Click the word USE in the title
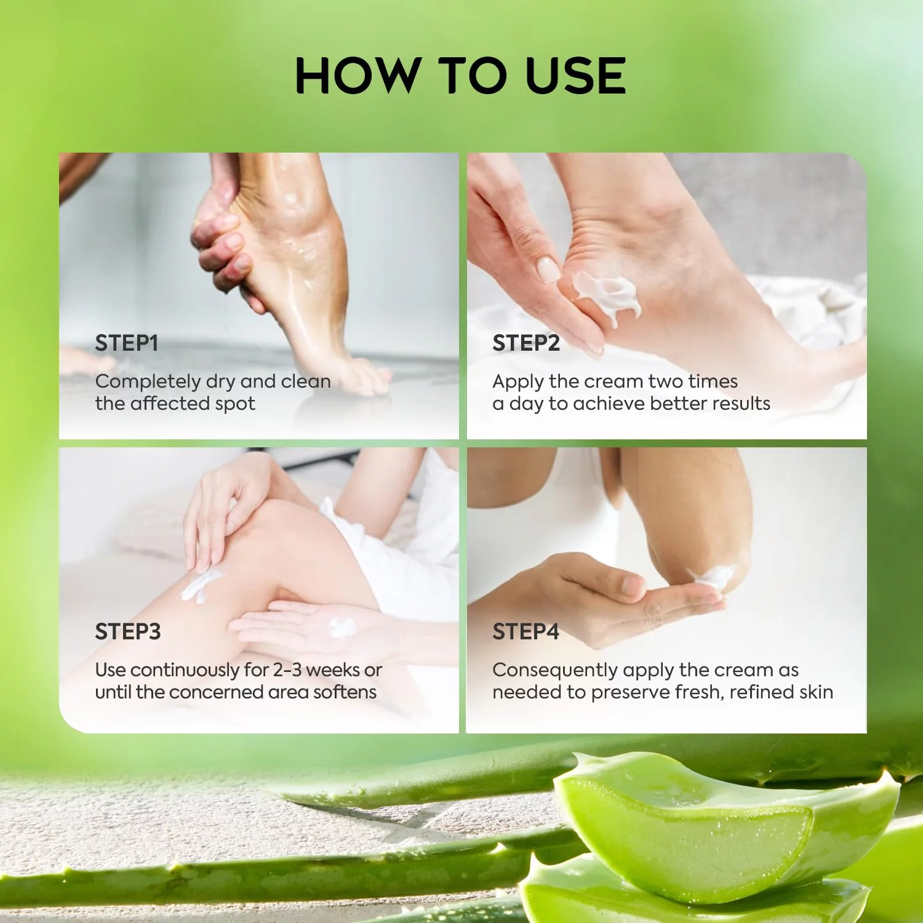(576, 76)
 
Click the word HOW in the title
(356, 76)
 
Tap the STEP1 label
(127, 343)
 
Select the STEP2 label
(526, 343)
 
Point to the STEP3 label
(128, 632)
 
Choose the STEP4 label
(526, 632)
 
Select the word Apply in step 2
(518, 382)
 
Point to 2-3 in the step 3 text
(287, 669)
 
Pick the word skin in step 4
(817, 692)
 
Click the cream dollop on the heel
(607, 296)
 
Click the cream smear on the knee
(201, 585)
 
